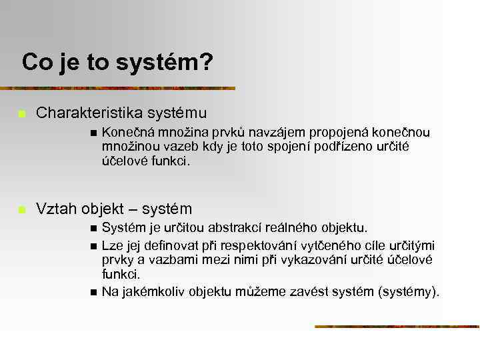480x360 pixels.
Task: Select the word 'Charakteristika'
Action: click(87, 114)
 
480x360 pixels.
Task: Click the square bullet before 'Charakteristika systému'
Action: click(21, 115)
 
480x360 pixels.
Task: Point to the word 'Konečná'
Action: click(125, 132)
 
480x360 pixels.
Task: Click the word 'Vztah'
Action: click(57, 209)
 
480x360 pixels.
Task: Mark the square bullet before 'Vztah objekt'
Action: click(21, 209)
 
